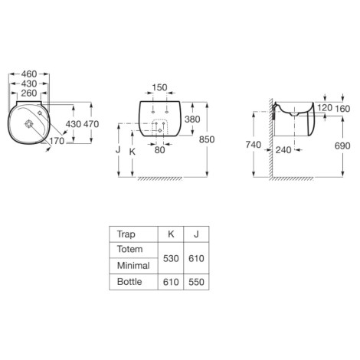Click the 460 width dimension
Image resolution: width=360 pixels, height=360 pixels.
click(29, 74)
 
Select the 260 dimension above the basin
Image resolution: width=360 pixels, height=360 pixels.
click(29, 93)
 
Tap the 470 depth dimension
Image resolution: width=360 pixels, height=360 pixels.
click(91, 124)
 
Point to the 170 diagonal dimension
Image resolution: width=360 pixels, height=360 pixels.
click(57, 141)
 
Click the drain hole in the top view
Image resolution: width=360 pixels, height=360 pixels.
click(29, 124)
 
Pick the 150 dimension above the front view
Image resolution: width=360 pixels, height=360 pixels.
click(159, 87)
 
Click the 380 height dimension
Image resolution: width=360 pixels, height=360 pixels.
click(192, 119)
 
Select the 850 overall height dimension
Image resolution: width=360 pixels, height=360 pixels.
click(207, 139)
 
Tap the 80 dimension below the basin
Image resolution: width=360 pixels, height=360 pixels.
click(159, 150)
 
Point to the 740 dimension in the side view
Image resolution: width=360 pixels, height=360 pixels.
click(254, 145)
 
